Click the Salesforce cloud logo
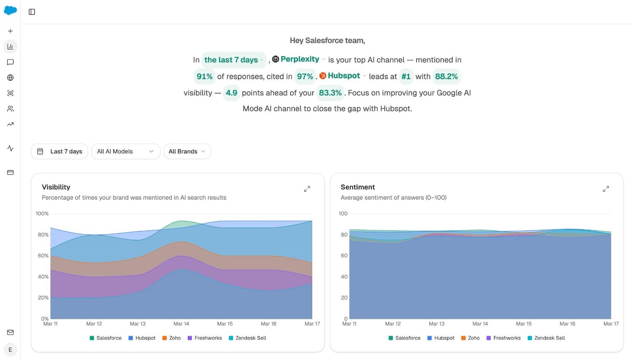coord(10,11)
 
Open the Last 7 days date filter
coord(59,151)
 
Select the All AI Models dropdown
coord(126,151)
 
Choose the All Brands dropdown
coord(187,151)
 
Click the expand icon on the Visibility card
coord(307,189)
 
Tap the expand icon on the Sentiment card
coord(606,189)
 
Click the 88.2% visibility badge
coord(446,76)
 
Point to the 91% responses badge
coord(204,76)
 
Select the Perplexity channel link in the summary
coord(300,59)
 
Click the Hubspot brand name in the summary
coord(344,76)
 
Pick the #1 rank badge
coord(406,76)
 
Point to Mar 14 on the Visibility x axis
coord(181,324)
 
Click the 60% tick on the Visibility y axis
coord(43,255)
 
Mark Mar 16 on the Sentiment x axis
coord(567,324)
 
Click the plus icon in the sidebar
coord(10,31)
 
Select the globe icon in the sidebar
coord(10,78)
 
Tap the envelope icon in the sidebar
coord(10,332)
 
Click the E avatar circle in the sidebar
coord(10,350)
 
